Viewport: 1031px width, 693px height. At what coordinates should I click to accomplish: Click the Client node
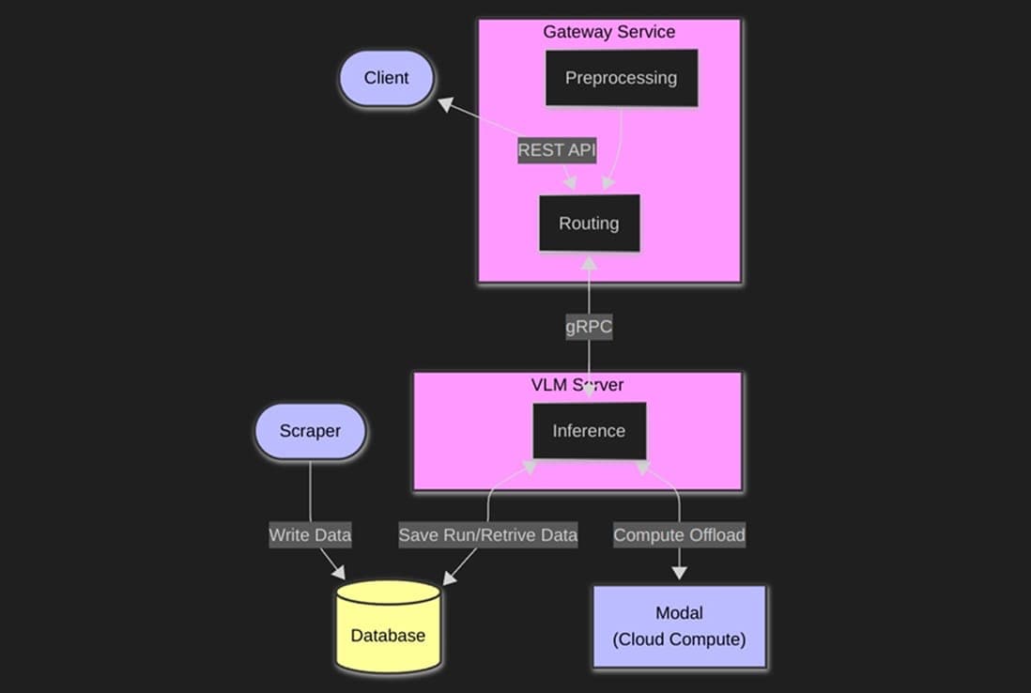(x=386, y=78)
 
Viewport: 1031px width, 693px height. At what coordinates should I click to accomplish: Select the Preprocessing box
(x=622, y=78)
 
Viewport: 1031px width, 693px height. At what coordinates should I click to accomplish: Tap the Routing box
(x=589, y=223)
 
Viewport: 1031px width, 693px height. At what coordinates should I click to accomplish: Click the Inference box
(x=589, y=431)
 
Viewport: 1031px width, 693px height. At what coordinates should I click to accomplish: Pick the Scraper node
(x=310, y=432)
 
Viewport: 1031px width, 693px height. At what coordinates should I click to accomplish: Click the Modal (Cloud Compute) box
(x=679, y=626)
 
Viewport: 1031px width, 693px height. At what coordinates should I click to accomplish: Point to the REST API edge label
(x=557, y=150)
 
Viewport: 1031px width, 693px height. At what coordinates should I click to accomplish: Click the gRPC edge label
(x=589, y=328)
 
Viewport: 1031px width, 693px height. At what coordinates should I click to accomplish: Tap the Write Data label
(x=310, y=535)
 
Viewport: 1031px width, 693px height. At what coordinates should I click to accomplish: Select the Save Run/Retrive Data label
(x=487, y=535)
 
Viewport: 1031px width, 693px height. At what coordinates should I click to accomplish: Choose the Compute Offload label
(x=679, y=535)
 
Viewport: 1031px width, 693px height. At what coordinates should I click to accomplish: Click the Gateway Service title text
(x=608, y=32)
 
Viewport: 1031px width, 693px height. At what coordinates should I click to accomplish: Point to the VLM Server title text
(x=577, y=385)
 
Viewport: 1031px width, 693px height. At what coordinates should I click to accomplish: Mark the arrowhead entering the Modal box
(x=679, y=573)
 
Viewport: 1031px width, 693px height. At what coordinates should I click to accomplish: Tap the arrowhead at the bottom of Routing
(x=589, y=262)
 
